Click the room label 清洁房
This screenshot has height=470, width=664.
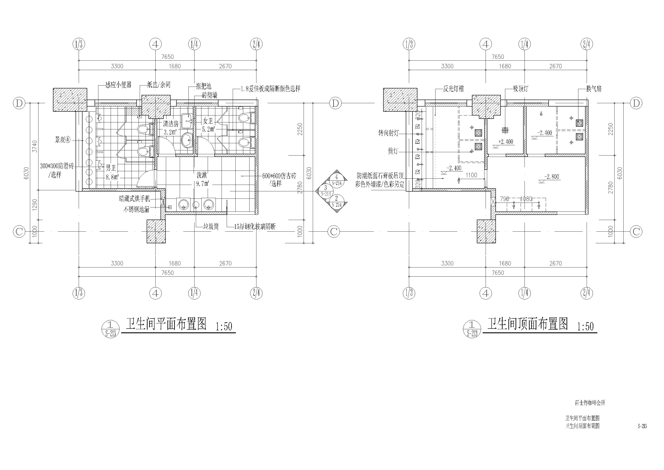click(x=171, y=124)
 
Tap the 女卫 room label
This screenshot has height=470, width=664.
click(x=208, y=121)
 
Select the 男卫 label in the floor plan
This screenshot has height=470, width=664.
click(x=110, y=168)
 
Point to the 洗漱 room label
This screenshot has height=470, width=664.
click(x=202, y=175)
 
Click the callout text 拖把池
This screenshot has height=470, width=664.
click(x=204, y=86)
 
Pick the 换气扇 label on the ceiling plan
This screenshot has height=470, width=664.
click(x=594, y=89)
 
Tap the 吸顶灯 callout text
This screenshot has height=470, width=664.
click(x=520, y=89)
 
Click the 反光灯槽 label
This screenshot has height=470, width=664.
click(x=453, y=89)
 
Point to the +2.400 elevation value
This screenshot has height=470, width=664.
click(x=505, y=142)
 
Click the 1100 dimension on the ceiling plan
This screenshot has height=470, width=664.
click(x=471, y=175)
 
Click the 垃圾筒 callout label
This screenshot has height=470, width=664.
click(x=211, y=227)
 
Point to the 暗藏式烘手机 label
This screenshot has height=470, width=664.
click(x=135, y=199)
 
